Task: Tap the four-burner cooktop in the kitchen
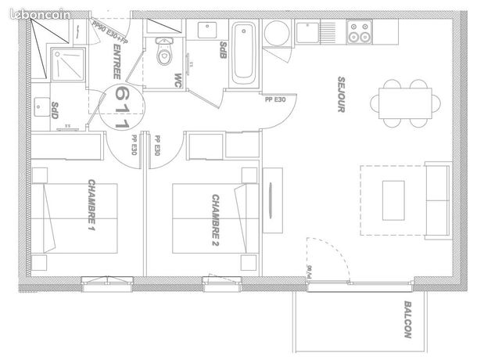click(360, 32)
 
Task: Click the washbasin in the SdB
click(208, 31)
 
